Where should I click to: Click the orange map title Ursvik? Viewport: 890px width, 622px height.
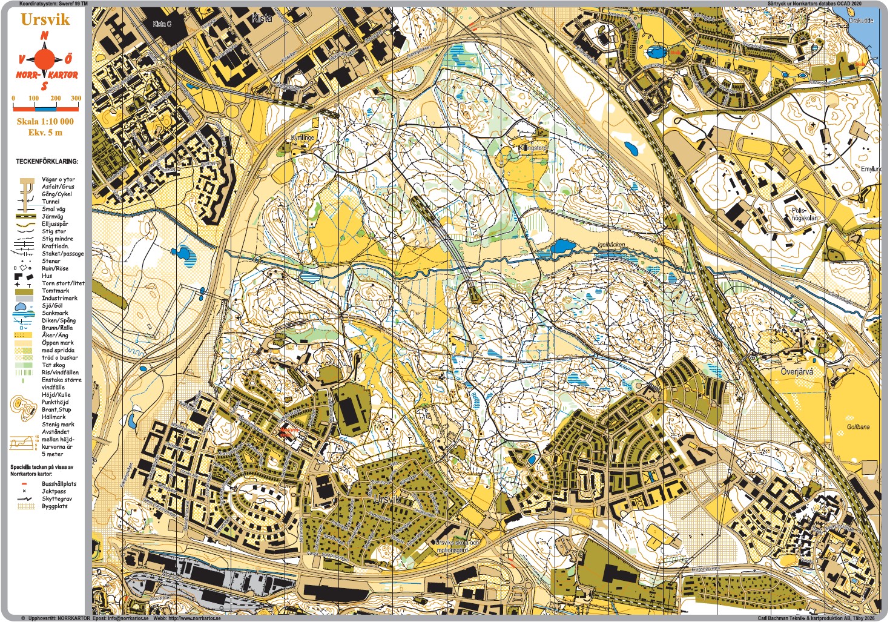[45, 19]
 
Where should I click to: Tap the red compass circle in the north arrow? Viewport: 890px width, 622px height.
[44, 59]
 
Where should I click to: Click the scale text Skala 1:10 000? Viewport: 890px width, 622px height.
[45, 121]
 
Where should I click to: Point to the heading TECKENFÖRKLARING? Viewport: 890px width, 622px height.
[47, 162]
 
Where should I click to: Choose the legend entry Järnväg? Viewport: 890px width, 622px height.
[53, 216]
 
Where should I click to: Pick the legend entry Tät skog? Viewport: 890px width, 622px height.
[53, 365]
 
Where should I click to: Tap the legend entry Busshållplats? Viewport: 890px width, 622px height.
[59, 484]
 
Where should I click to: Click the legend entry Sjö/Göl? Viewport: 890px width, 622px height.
[52, 306]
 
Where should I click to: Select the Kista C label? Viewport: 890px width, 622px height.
[162, 24]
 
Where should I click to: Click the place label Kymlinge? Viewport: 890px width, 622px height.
[302, 137]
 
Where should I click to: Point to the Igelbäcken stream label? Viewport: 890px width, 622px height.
[610, 245]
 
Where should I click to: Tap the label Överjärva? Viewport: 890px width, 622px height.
[797, 372]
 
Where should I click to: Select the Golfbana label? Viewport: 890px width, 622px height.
[857, 427]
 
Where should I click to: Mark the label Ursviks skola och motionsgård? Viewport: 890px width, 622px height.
[457, 546]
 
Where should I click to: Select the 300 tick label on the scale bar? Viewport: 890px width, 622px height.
[76, 98]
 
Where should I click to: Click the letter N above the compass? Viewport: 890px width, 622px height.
[44, 36]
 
